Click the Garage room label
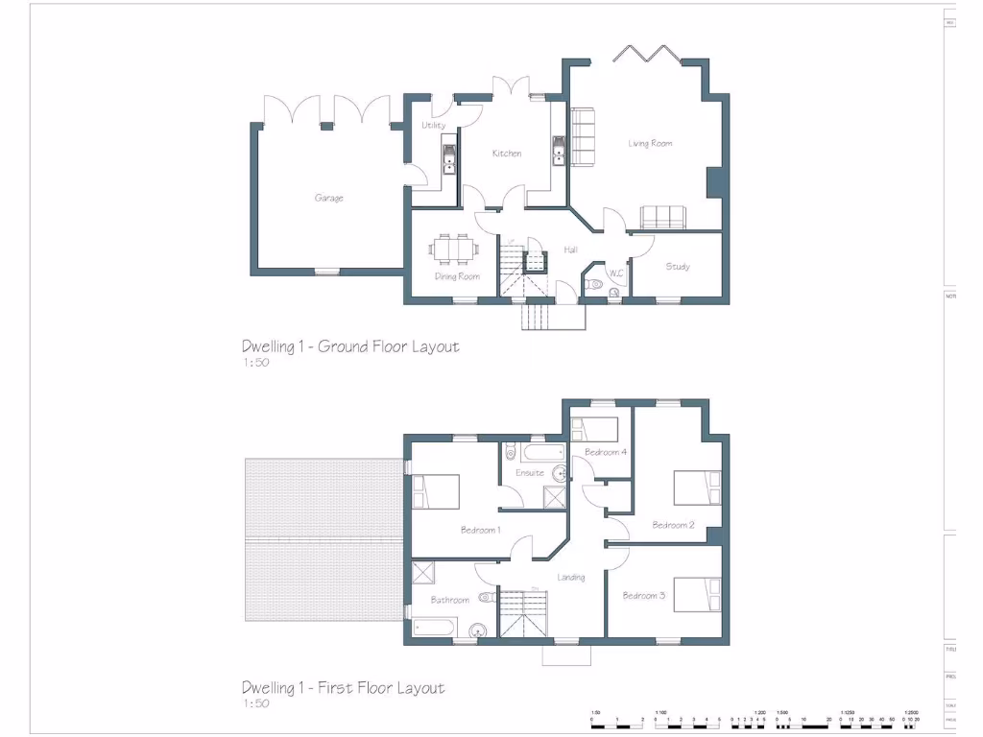[x=328, y=199]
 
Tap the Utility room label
[x=433, y=126]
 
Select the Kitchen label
[x=507, y=154]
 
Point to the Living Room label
[x=650, y=144]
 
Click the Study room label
[x=678, y=267]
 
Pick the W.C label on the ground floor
[x=615, y=273]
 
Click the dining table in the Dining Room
[x=454, y=250]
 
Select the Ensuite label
[x=529, y=473]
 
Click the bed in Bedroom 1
[x=436, y=491]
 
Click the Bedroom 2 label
[x=673, y=525]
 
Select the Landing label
[x=570, y=578]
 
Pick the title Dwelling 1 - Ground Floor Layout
[x=350, y=346]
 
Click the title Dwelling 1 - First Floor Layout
[x=343, y=688]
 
